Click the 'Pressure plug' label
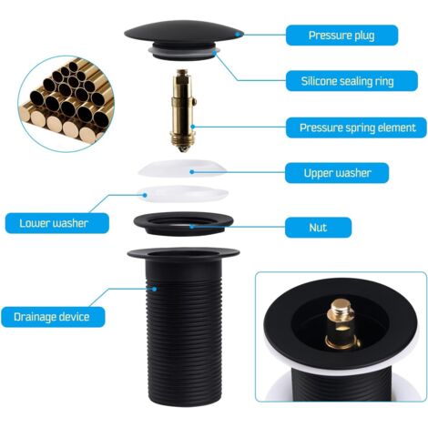click(x=341, y=36)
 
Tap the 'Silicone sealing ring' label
click(x=352, y=81)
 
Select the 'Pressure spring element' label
click(x=356, y=127)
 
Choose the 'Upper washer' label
click(x=337, y=173)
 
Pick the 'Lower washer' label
click(x=57, y=223)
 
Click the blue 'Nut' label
click(x=318, y=228)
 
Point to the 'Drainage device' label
click(x=53, y=317)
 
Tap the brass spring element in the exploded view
click(x=182, y=111)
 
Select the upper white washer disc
click(x=183, y=168)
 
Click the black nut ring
click(x=183, y=224)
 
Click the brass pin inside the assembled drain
click(x=341, y=323)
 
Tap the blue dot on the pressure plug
click(x=238, y=35)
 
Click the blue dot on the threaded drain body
click(x=155, y=289)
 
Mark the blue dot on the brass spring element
click(x=192, y=127)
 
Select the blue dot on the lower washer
click(x=146, y=195)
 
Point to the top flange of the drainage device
click(x=184, y=253)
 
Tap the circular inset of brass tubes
click(x=66, y=104)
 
